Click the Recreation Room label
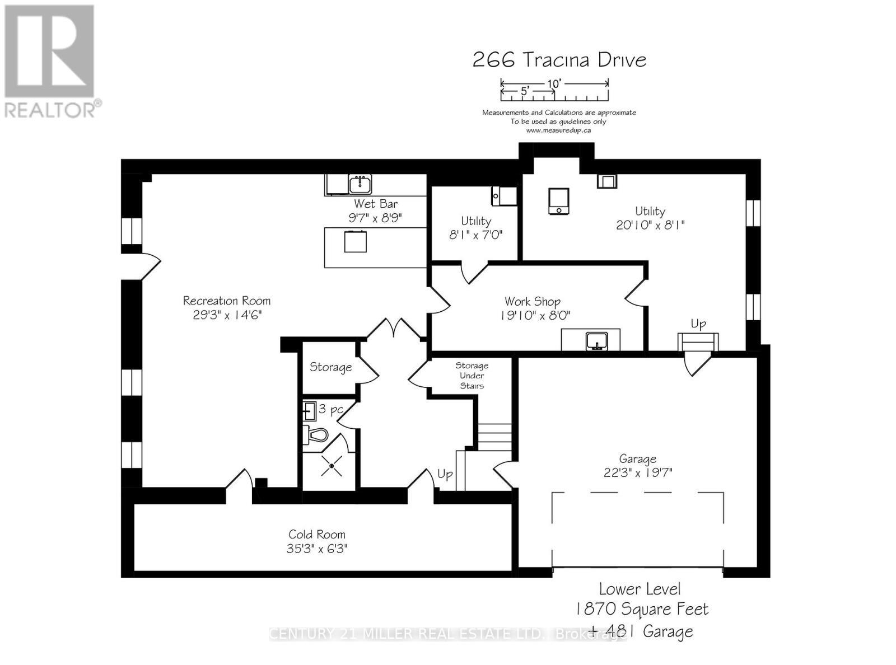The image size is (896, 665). [226, 301]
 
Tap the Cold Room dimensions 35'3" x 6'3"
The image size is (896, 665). [317, 549]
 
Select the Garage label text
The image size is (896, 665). [637, 459]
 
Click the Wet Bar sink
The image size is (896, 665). [360, 184]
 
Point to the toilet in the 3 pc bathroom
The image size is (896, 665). [316, 435]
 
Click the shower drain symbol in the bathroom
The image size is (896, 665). [332, 466]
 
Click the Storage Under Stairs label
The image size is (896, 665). [472, 376]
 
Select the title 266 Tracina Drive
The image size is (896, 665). [559, 60]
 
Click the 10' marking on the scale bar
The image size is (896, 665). [554, 83]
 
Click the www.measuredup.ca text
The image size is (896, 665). [558, 130]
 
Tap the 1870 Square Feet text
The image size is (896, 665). [642, 609]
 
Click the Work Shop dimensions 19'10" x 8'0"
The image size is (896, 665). [535, 316]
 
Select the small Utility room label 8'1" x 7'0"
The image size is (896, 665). [476, 235]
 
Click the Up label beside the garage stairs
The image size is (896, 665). [698, 324]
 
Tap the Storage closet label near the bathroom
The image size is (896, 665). [330, 367]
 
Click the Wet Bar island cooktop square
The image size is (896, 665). [356, 242]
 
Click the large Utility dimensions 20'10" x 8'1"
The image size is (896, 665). [650, 225]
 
